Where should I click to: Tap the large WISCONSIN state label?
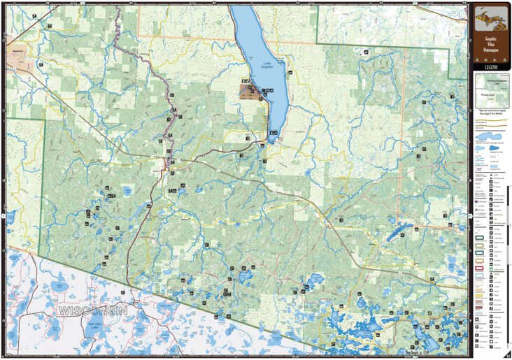92,310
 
